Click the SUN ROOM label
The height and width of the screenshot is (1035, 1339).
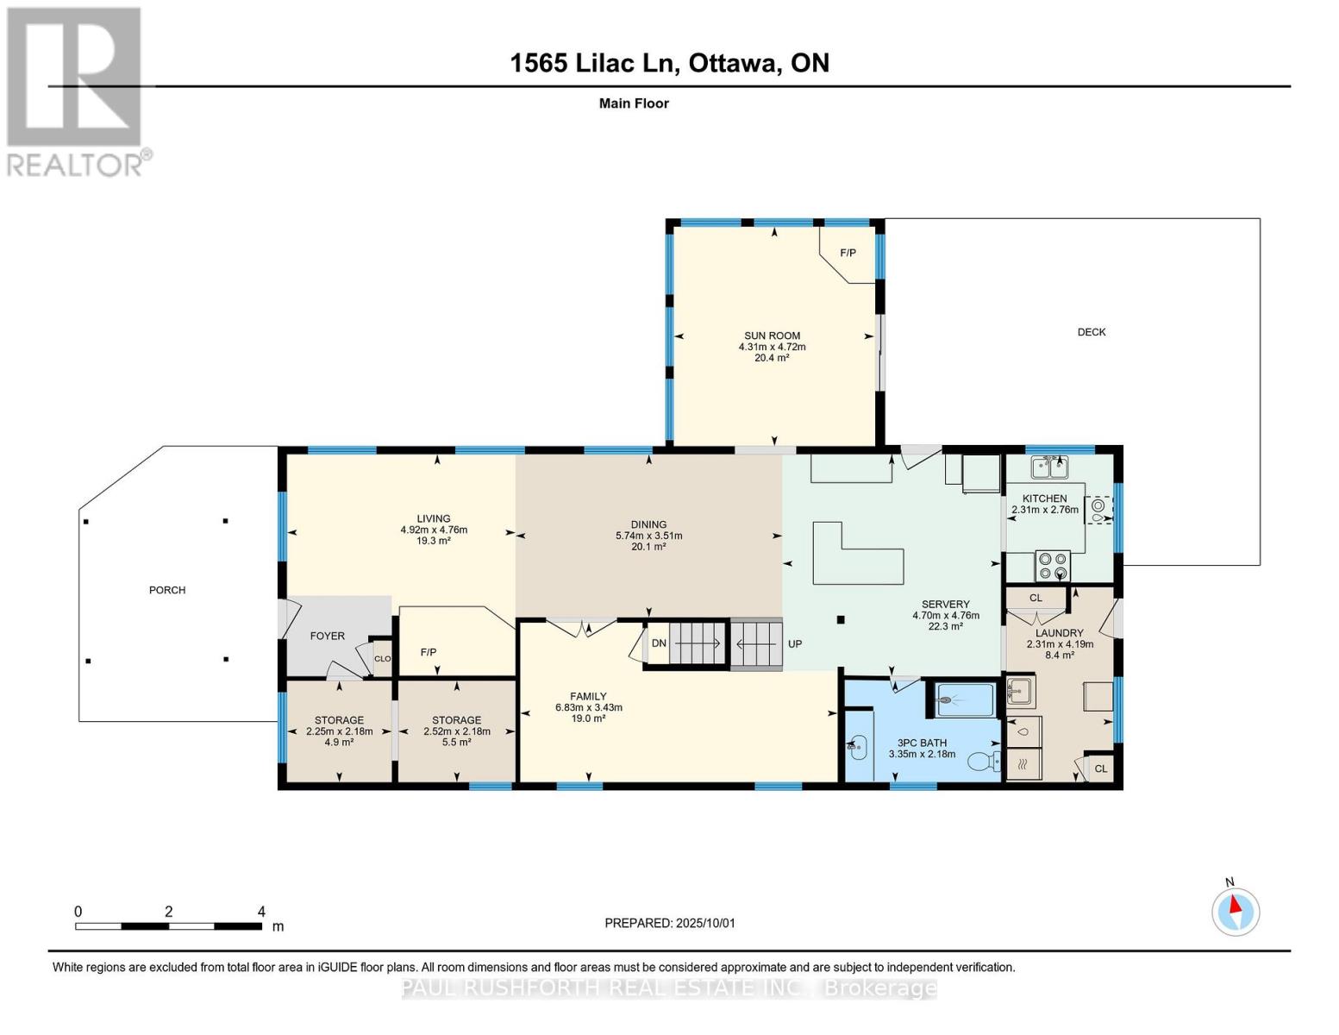(x=772, y=336)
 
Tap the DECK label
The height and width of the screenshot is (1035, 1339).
(x=1091, y=332)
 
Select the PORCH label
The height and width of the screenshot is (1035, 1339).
(x=167, y=590)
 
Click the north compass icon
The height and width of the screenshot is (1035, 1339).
(x=1236, y=911)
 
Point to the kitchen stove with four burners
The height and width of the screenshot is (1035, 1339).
(x=1052, y=565)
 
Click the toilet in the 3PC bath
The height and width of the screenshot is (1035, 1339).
(x=983, y=762)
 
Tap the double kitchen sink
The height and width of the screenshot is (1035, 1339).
(x=1049, y=467)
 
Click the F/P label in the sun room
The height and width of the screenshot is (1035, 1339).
(x=848, y=253)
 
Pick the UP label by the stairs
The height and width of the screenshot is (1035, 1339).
(x=795, y=644)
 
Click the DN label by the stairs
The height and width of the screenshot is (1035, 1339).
(x=659, y=643)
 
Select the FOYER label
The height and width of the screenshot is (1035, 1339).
(x=327, y=636)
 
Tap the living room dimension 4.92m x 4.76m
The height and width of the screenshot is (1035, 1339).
(x=434, y=530)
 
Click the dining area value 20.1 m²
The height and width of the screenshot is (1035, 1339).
(x=648, y=546)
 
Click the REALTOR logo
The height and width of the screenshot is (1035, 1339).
(x=76, y=91)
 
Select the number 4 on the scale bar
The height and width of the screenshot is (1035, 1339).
(x=261, y=912)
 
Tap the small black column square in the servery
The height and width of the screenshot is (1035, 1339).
(x=841, y=619)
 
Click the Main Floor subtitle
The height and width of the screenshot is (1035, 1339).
(x=634, y=103)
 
